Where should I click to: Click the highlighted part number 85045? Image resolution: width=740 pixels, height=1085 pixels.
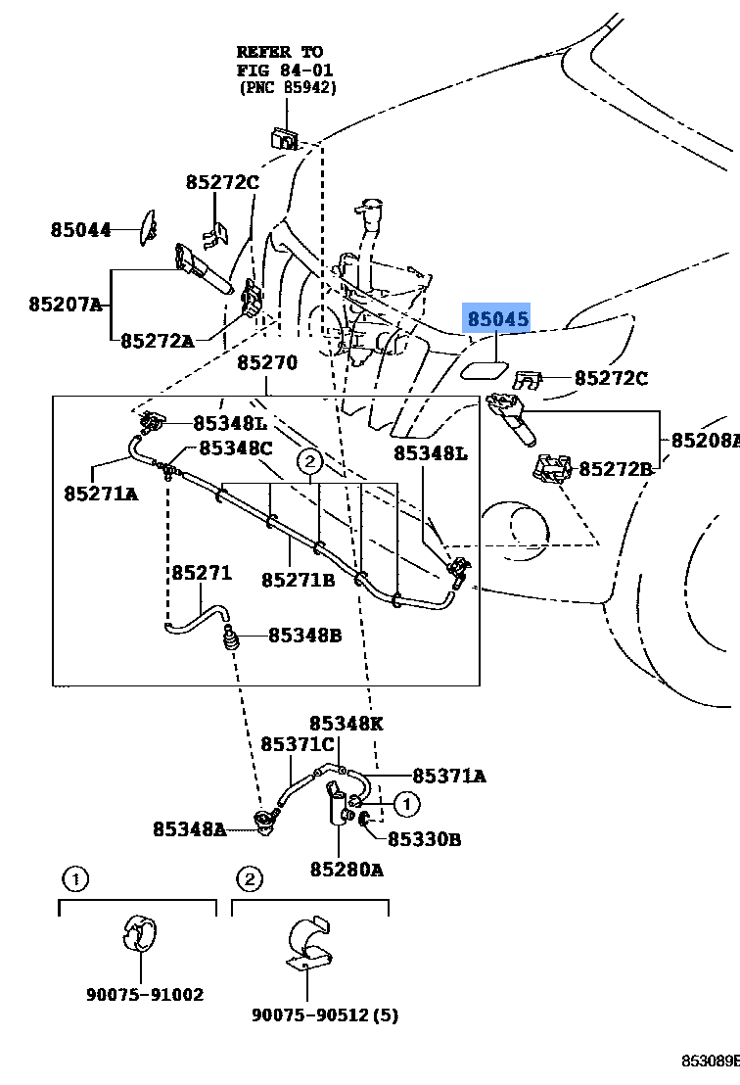[x=497, y=319]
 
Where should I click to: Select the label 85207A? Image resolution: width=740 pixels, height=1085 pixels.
[x=65, y=305]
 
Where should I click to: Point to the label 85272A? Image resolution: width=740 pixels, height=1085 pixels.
[x=157, y=341]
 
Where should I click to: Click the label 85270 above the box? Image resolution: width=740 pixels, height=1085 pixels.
[x=266, y=363]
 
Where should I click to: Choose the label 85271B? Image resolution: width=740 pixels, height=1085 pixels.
[x=298, y=581]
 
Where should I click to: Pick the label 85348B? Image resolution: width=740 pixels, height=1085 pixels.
[x=304, y=636]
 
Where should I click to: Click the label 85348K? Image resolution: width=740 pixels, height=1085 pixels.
[x=346, y=724]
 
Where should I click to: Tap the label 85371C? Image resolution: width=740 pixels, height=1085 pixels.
[x=298, y=745]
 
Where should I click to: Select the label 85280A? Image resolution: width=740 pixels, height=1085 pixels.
[x=347, y=869]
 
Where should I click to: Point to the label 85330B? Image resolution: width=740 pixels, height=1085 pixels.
[x=424, y=839]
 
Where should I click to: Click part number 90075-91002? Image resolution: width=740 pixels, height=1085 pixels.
[x=144, y=995]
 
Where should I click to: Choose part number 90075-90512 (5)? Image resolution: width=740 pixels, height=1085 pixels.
[x=326, y=1014]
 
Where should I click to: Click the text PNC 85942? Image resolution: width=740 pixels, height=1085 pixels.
[x=288, y=88]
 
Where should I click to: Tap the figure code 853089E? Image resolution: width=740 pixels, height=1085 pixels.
[x=711, y=1061]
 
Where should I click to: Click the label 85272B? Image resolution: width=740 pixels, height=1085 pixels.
[x=615, y=469]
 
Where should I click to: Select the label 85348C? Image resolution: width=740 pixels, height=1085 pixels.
[x=235, y=448]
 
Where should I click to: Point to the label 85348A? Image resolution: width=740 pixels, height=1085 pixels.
[x=189, y=829]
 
